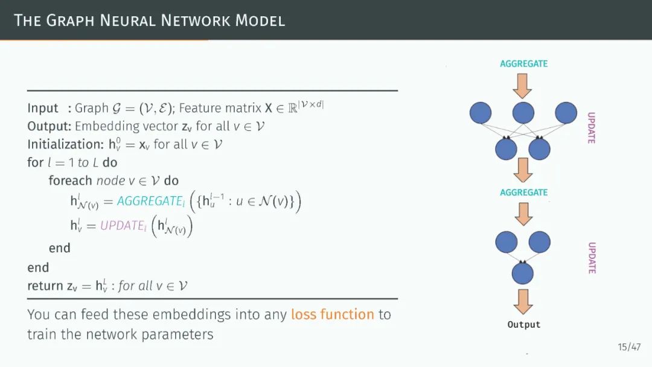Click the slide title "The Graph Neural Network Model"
149,20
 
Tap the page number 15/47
629,346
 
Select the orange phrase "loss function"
333,314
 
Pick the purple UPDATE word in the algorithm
123,225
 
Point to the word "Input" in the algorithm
43,108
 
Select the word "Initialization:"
66,145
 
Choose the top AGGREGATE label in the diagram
524,64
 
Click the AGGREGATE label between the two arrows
524,193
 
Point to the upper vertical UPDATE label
591,127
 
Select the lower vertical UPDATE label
592,258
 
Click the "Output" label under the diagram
524,325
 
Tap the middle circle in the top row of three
523,112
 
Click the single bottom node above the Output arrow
523,273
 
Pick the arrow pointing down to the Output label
523,301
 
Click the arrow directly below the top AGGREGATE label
523,85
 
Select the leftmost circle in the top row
481,112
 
